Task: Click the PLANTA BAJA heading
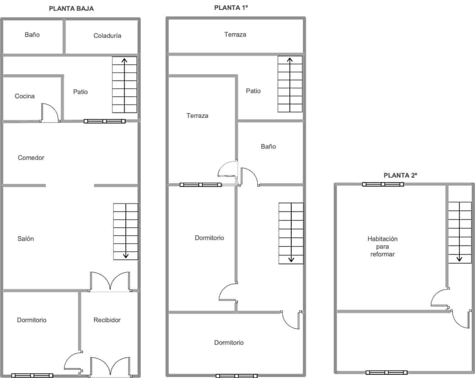[71, 9]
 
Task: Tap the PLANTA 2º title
[400, 175]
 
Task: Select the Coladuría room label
[107, 36]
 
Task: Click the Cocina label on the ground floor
[25, 96]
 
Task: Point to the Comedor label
[31, 157]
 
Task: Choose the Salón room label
[26, 238]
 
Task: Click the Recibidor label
[107, 320]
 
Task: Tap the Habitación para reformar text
[382, 246]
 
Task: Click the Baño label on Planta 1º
[268, 146]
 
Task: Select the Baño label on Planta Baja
[32, 35]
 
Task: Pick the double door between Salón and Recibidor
[110, 281]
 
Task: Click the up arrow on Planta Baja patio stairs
[124, 61]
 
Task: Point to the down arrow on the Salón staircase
[126, 255]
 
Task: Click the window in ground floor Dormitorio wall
[32, 375]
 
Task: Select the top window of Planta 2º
[383, 184]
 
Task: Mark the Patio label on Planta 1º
[253, 91]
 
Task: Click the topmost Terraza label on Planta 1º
[235, 35]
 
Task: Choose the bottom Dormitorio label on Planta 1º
[229, 342]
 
